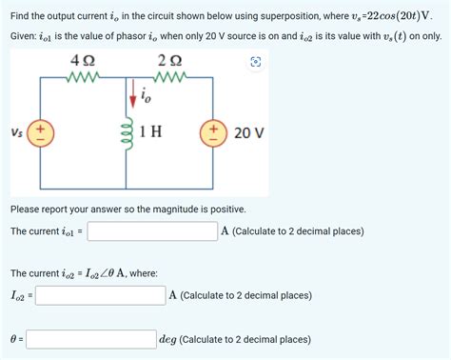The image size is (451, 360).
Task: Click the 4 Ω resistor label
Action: (81, 60)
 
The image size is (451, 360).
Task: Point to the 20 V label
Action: (248, 132)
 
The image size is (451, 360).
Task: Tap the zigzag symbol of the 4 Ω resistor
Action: (81, 78)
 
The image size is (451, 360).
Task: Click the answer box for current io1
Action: (152, 231)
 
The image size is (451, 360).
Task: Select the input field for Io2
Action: (100, 295)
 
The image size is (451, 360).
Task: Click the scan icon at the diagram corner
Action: (255, 62)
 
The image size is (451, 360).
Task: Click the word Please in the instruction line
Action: (28, 209)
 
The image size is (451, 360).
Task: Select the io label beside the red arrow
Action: (144, 96)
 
